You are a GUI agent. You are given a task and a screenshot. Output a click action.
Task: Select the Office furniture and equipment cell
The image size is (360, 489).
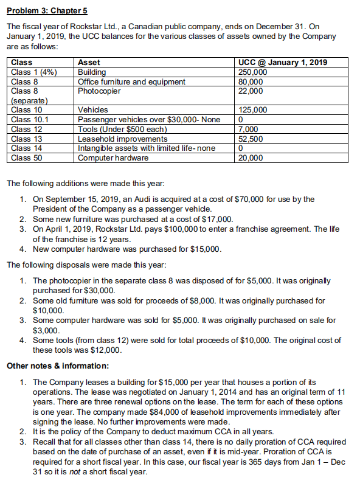(x=132, y=81)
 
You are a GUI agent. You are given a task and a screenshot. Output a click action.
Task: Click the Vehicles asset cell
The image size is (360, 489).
(x=93, y=110)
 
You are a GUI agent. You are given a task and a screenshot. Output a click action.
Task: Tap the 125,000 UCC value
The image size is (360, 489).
(x=252, y=110)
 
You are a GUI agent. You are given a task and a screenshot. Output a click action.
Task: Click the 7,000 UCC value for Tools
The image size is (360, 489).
(x=249, y=129)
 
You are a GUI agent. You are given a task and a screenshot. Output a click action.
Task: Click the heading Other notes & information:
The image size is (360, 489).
(x=57, y=366)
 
